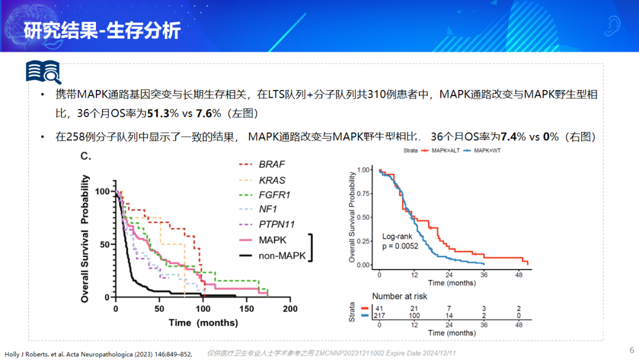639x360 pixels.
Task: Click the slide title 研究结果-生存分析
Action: [x=102, y=30]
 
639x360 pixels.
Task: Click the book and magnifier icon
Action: [x=43, y=72]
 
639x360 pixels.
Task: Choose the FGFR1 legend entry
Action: [x=275, y=194]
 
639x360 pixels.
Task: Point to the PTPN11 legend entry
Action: [x=276, y=224]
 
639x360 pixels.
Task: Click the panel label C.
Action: [x=86, y=156]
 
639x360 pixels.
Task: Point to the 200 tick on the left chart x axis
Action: [x=290, y=309]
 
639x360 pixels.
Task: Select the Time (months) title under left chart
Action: [x=203, y=323]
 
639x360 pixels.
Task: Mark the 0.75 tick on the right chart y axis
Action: [x=365, y=194]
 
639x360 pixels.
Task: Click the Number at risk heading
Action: [x=399, y=296]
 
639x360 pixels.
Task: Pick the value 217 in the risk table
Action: [x=379, y=316]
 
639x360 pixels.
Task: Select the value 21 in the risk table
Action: [x=414, y=308]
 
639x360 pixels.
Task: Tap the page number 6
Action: [x=631, y=349]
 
